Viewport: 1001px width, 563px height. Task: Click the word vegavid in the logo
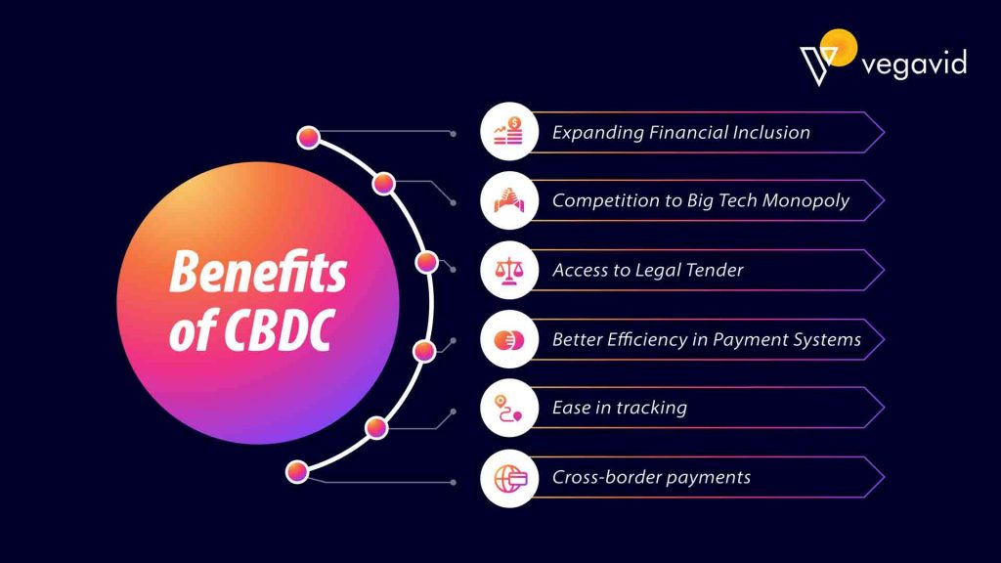(914, 65)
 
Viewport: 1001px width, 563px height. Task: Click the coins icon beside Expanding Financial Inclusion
(509, 132)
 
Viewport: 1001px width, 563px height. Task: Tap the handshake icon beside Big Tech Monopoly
(509, 200)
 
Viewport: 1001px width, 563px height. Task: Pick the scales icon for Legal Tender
(509, 270)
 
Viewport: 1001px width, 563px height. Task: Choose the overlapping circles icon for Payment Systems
(509, 339)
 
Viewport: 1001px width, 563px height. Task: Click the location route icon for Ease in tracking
(509, 408)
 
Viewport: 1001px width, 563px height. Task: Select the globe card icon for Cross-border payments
(509, 477)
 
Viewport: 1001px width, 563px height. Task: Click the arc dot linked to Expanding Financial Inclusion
(309, 138)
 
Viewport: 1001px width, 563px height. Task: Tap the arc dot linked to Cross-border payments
(298, 472)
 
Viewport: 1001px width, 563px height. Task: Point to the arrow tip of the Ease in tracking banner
(883, 408)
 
